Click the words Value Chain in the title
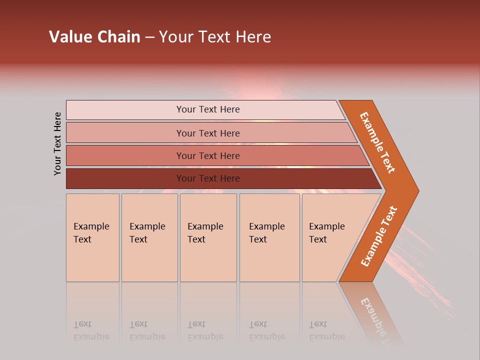tap(94, 37)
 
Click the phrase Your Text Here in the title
tap(215, 37)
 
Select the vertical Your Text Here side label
tap(57, 143)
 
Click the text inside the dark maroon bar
tap(208, 178)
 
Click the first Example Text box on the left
tap(92, 237)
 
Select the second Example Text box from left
tap(149, 237)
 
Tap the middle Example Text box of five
tap(208, 237)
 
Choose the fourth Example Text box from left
tap(269, 237)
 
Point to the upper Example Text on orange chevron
tap(377, 142)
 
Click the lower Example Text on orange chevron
tap(379, 236)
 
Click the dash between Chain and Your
tap(149, 37)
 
